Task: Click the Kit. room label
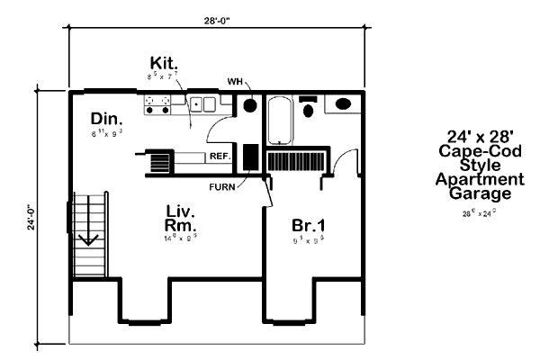[x=165, y=63]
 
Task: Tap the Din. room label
[x=106, y=119]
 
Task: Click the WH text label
[x=236, y=82]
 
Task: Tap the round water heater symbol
[x=249, y=105]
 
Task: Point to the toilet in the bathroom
[x=308, y=109]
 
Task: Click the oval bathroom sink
[x=344, y=104]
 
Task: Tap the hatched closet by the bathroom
[x=294, y=161]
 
